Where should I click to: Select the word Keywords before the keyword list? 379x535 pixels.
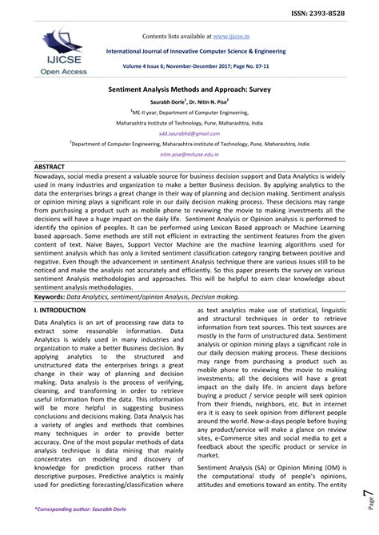50,295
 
